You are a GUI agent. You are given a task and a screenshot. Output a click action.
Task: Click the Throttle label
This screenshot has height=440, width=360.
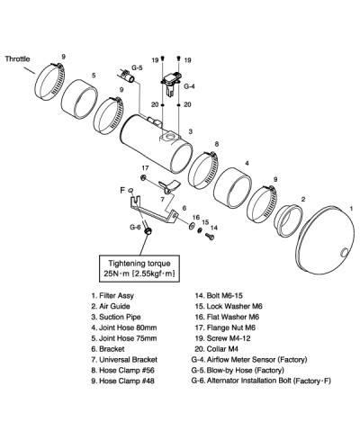click(x=17, y=58)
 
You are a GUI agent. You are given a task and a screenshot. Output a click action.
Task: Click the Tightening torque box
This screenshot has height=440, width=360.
click(x=139, y=269)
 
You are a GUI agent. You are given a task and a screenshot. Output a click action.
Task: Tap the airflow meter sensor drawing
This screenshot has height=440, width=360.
click(x=172, y=84)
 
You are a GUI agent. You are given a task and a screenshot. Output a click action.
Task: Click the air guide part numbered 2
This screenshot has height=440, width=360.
click(x=289, y=220)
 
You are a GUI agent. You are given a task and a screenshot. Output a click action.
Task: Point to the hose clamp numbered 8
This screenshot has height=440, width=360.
click(x=203, y=169)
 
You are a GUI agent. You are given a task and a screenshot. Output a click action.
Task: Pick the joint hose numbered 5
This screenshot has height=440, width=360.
click(x=79, y=100)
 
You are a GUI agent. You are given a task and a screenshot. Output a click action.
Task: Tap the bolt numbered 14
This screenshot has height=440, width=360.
click(x=210, y=237)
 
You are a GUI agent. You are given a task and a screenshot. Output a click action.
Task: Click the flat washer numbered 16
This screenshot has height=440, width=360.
click(x=192, y=226)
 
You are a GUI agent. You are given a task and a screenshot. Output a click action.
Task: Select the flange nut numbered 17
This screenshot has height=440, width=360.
click(x=143, y=177)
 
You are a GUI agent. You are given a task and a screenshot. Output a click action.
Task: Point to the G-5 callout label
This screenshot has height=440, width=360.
click(x=137, y=67)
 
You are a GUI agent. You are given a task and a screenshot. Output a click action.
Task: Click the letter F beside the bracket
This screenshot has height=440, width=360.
click(x=122, y=190)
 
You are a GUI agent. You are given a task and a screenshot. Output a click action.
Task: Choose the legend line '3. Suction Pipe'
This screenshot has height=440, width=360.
click(x=116, y=317)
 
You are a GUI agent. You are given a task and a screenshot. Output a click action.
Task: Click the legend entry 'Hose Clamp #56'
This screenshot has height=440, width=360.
click(x=123, y=370)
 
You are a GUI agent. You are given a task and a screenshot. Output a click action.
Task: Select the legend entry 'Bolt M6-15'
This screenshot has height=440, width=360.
click(x=219, y=295)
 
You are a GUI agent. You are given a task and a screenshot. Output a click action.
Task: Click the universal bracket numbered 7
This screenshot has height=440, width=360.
click(x=168, y=186)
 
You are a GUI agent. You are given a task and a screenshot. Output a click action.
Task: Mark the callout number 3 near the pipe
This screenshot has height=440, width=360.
click(x=190, y=131)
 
